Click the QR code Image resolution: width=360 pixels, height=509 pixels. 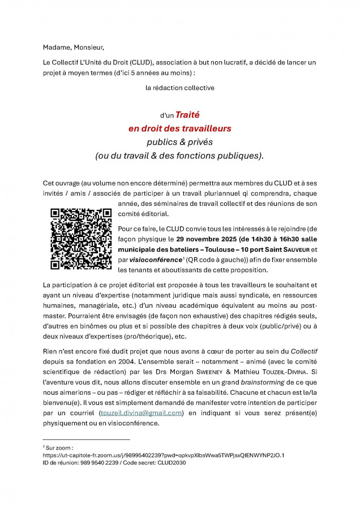[80, 239]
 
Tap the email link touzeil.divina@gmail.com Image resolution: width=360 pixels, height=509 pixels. [141, 413]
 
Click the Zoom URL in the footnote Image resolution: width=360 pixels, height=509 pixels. [163, 455]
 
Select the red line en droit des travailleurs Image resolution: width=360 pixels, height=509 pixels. [179, 128]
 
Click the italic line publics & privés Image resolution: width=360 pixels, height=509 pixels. [179, 141]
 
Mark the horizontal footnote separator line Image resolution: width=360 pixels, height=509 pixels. [86, 439]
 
